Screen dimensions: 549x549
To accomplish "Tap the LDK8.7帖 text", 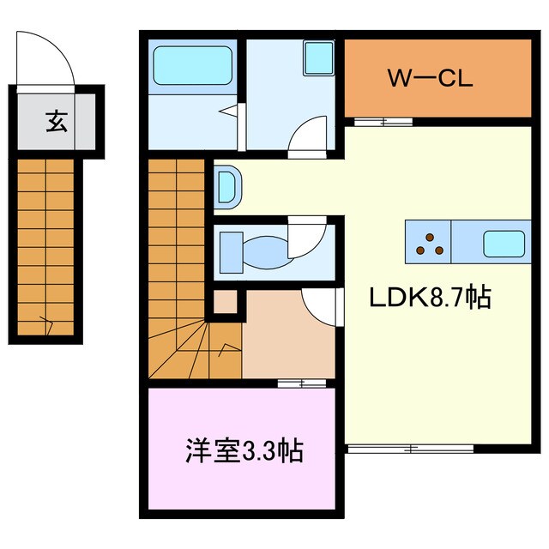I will point(430,297).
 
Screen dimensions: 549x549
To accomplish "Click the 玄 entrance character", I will point(57,121).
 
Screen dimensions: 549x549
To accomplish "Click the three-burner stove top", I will point(430,244).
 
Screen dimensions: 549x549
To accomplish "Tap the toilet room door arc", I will point(307,238).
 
